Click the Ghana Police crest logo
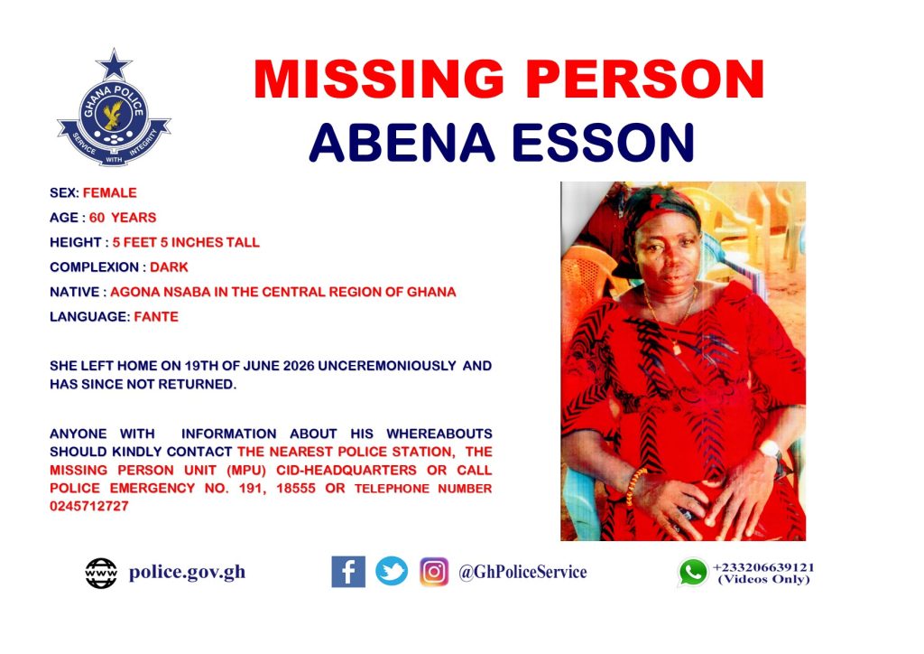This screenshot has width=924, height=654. click(x=114, y=108)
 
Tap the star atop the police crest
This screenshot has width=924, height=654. click(x=114, y=65)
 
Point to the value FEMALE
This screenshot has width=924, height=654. click(x=109, y=192)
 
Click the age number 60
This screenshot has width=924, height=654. click(x=97, y=218)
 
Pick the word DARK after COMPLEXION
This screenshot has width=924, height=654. click(x=169, y=267)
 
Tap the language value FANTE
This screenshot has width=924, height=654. click(x=156, y=317)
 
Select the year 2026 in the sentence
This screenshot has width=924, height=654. click(x=299, y=366)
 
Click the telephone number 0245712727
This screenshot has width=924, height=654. click(x=89, y=506)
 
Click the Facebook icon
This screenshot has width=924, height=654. click(x=348, y=572)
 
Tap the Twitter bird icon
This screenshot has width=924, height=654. click(x=392, y=572)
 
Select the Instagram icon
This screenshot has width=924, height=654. click(x=434, y=572)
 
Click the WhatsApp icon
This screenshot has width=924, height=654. click(x=693, y=572)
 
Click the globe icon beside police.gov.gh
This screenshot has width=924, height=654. click(x=101, y=574)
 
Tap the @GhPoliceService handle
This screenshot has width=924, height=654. click(x=522, y=572)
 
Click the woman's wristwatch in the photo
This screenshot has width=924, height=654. click(x=772, y=451)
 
